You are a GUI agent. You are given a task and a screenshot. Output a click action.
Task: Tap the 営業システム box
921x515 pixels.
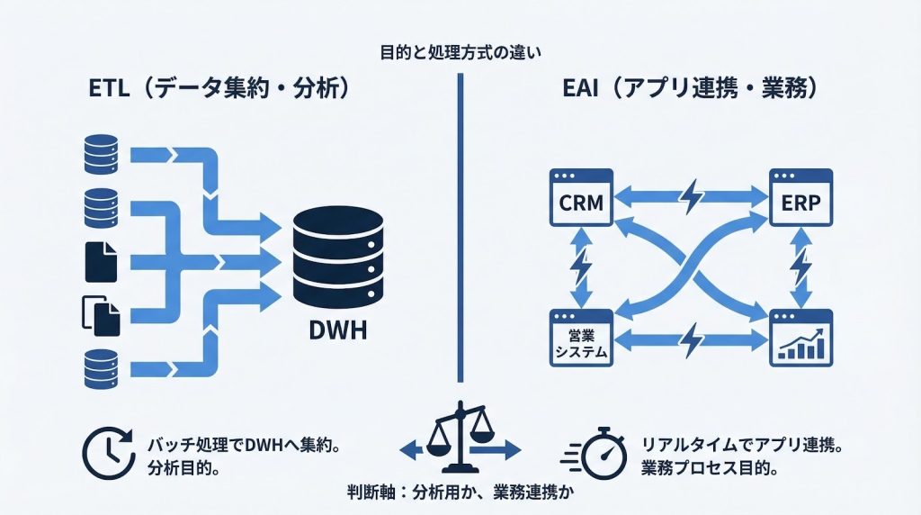click(x=579, y=337)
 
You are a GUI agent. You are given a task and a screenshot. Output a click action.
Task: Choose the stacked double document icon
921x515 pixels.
click(x=100, y=314)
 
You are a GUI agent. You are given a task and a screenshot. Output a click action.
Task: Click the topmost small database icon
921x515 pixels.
click(x=100, y=151)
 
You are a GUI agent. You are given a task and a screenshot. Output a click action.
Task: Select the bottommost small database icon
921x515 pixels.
click(x=100, y=367)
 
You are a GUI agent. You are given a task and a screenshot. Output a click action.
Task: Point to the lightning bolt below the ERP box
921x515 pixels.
click(x=801, y=267)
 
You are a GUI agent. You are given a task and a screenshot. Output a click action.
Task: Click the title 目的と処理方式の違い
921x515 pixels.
click(x=460, y=50)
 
